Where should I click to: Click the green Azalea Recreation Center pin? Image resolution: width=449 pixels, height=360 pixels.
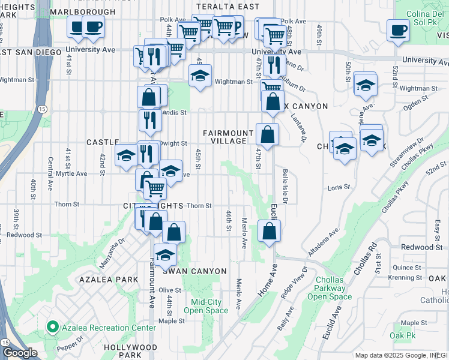[52, 328]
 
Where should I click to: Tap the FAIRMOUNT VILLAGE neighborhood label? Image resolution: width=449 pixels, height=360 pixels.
[224, 137]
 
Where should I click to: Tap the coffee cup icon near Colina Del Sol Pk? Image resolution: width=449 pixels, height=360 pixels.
[398, 30]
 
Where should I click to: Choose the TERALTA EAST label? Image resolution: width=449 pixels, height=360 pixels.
[226, 7]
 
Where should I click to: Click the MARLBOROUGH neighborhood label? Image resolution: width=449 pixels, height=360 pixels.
[83, 11]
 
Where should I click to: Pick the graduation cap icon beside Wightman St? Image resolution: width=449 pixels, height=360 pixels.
[200, 76]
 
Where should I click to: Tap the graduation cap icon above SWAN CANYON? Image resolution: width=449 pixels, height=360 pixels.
[165, 255]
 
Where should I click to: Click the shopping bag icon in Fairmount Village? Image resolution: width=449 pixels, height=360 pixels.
[267, 134]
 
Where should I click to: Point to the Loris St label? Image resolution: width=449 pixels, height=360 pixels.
[339, 188]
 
